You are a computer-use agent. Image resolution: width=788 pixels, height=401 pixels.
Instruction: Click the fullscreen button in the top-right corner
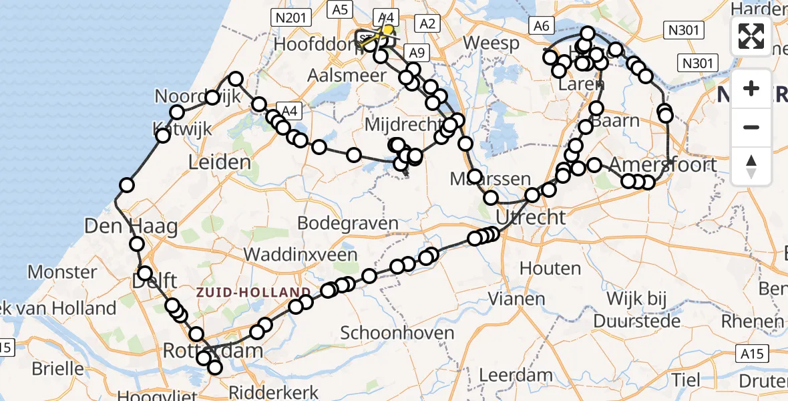(751, 36)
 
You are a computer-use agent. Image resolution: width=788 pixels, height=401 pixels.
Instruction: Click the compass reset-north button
(751, 166)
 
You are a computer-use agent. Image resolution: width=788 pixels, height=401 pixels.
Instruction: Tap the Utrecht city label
(531, 217)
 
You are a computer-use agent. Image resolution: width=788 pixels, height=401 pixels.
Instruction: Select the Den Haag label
(131, 226)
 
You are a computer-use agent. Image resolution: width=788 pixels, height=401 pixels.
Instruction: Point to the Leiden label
(220, 162)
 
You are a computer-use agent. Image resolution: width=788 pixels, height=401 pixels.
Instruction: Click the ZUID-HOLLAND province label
(253, 292)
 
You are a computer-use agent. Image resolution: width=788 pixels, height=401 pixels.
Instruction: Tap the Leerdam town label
(516, 375)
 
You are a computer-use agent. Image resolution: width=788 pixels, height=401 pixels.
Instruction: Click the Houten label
(550, 269)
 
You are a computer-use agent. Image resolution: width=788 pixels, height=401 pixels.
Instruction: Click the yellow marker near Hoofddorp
(387, 30)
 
